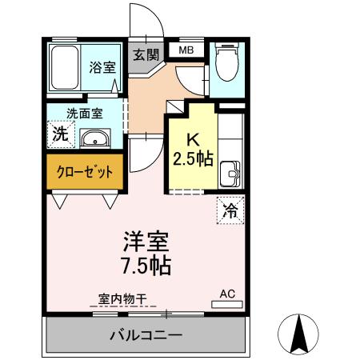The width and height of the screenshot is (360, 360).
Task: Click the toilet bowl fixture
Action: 227,65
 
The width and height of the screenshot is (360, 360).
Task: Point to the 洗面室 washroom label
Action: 83,113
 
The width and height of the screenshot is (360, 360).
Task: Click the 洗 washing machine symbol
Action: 60,134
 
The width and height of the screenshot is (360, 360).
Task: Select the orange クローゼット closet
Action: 85,171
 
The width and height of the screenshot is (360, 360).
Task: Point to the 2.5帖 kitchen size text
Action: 193,157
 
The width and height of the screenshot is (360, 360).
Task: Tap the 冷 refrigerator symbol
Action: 230,211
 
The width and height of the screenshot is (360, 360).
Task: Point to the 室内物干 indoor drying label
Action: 123,298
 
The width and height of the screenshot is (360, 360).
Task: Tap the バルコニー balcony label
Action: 146,335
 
